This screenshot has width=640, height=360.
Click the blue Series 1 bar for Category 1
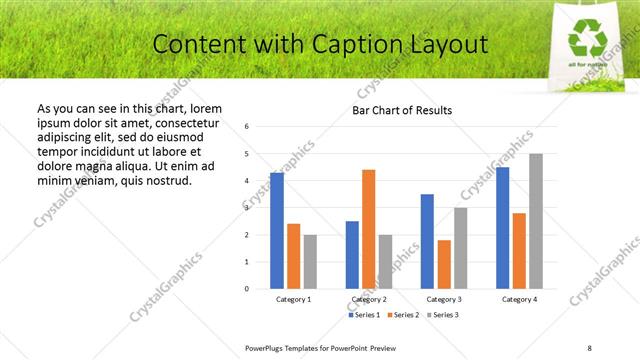click(x=277, y=230)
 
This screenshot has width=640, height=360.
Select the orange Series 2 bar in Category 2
click(x=369, y=229)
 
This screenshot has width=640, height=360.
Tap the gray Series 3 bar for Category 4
click(x=536, y=221)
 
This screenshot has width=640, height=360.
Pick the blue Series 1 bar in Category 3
click(x=427, y=241)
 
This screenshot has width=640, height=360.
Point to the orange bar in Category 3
click(x=444, y=264)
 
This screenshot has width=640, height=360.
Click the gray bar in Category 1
click(x=310, y=261)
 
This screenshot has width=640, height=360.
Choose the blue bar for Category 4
click(x=502, y=227)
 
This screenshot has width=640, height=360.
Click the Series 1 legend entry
click(x=365, y=315)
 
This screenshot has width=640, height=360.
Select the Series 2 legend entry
click(x=403, y=315)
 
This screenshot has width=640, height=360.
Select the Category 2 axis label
click(x=369, y=299)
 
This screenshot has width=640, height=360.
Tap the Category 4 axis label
click(x=519, y=299)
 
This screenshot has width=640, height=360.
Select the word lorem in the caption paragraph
click(x=204, y=108)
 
